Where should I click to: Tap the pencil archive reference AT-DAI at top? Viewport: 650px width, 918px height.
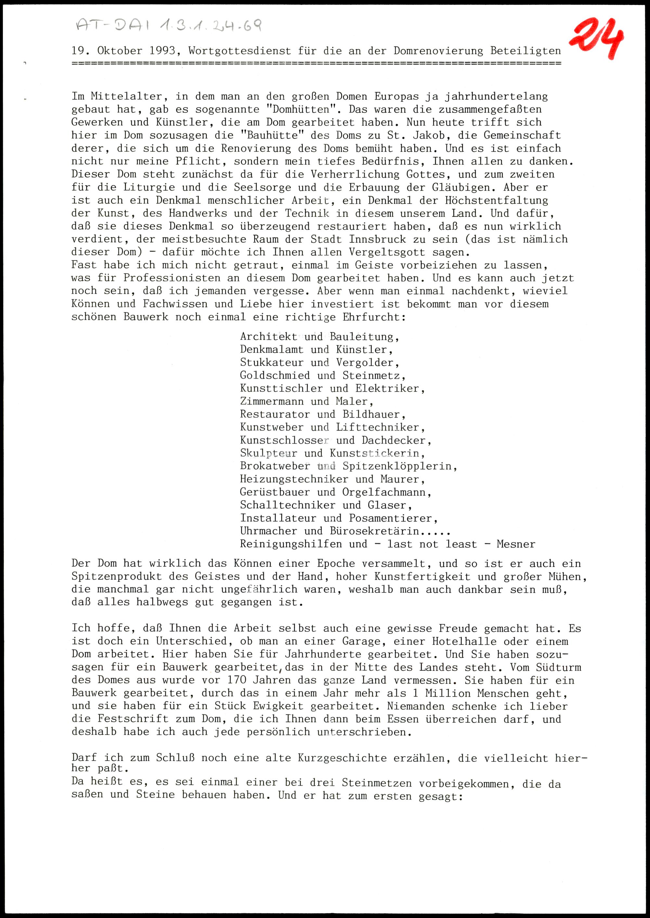pyautogui.click(x=112, y=26)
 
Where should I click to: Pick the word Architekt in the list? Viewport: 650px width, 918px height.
pyautogui.click(x=268, y=337)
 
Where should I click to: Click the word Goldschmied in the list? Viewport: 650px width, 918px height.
pyautogui.click(x=275, y=376)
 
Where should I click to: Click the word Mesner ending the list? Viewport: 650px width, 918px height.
pyautogui.click(x=515, y=544)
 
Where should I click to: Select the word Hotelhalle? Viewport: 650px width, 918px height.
pyautogui.click(x=464, y=641)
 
